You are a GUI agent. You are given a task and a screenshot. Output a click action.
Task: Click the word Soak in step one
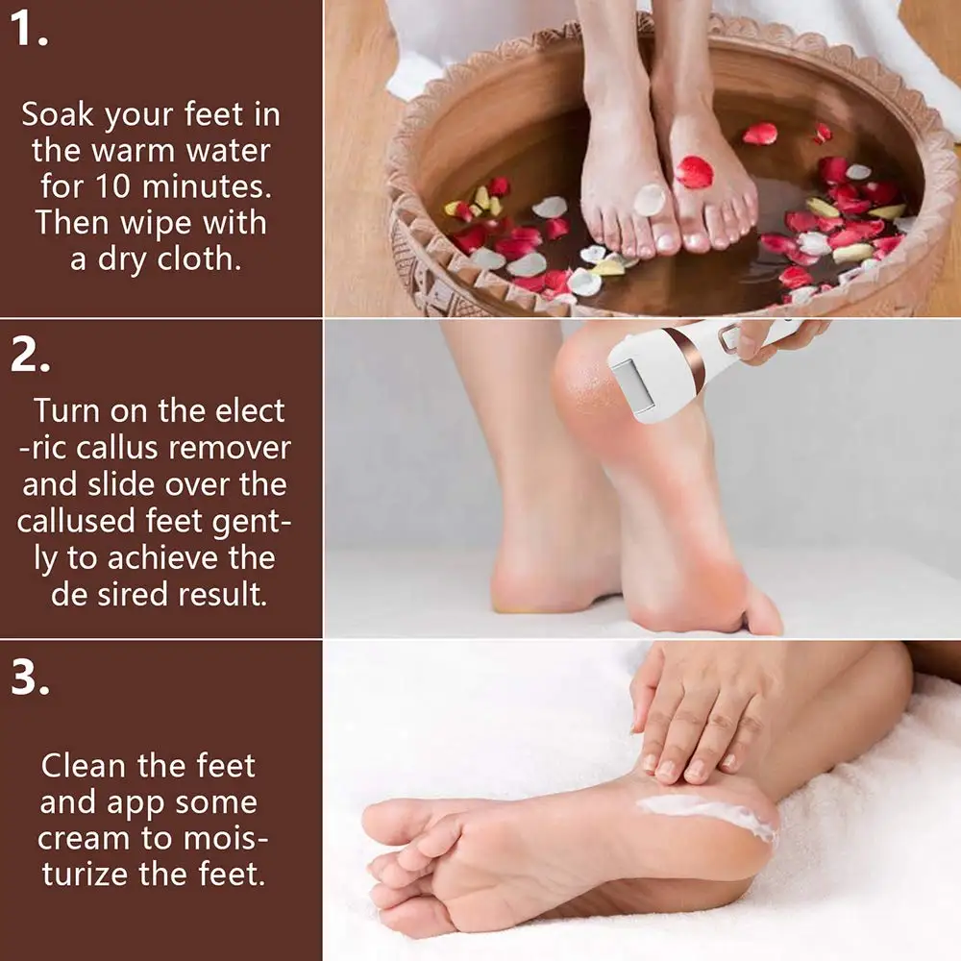60,115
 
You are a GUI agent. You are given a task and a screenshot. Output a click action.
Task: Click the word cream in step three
82,838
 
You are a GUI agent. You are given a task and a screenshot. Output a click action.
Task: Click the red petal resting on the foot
694,172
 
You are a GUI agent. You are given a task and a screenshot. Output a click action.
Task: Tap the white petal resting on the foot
650,200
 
